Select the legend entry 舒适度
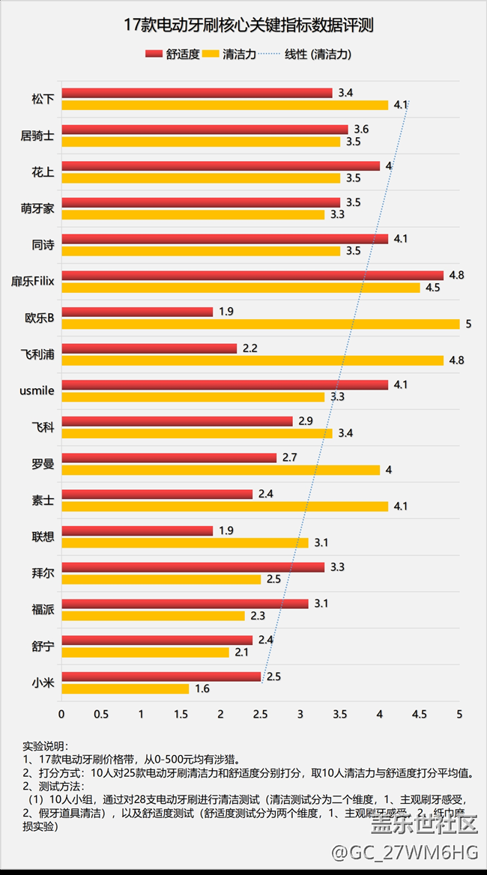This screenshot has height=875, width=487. pyautogui.click(x=173, y=54)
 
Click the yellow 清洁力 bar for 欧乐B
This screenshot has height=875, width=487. pyautogui.click(x=260, y=324)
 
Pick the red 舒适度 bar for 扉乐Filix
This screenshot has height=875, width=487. pyautogui.click(x=252, y=275)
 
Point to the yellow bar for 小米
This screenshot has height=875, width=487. pyautogui.click(x=124, y=688)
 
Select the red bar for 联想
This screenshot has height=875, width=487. pyautogui.click(x=136, y=530)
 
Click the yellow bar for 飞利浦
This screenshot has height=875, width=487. pyautogui.click(x=252, y=360)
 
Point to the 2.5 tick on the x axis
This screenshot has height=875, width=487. pyautogui.click(x=260, y=713)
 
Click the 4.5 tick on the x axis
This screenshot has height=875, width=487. pyautogui.click(x=420, y=713)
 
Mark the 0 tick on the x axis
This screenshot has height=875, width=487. pyautogui.click(x=61, y=713)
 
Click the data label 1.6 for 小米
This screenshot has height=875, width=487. pyautogui.click(x=202, y=688)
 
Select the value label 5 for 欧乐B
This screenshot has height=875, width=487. pyautogui.click(x=468, y=324)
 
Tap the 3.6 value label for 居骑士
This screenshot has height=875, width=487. pyautogui.click(x=361, y=130)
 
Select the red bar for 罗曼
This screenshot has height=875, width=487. pyautogui.click(x=169, y=457)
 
